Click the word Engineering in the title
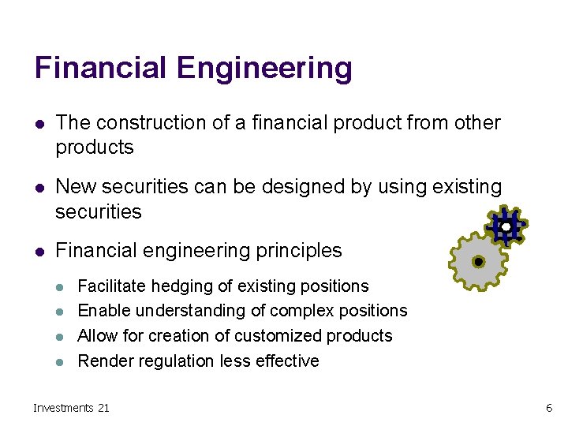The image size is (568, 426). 264,69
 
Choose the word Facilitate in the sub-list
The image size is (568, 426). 109,286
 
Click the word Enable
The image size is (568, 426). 103,311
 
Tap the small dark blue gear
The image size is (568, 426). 505,226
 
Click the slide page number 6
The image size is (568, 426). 549,408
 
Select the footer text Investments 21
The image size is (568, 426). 72,408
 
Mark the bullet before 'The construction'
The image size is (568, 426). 39,123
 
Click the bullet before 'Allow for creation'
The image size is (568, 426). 62,336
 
